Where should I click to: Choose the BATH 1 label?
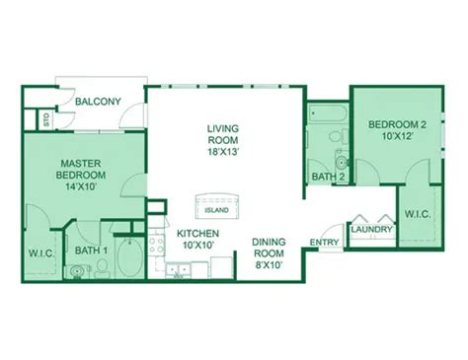[x=90, y=251]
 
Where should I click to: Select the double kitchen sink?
[x=179, y=267]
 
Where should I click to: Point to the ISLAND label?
[x=217, y=210]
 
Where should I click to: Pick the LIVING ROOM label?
[x=223, y=135]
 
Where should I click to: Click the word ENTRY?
[x=324, y=243]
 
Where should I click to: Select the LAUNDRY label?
[x=372, y=230]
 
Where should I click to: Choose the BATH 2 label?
[x=328, y=177]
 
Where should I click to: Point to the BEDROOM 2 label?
[x=398, y=124]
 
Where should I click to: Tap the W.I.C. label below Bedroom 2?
[x=414, y=215]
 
